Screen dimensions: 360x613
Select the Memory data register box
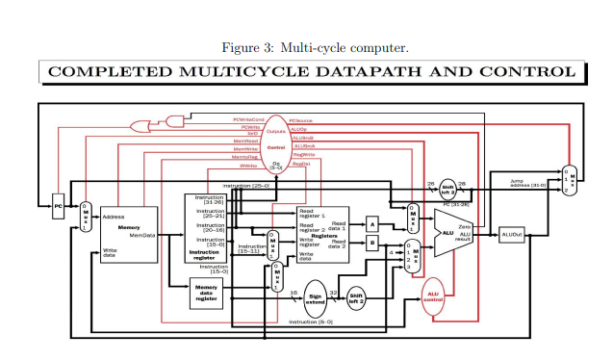point(206,291)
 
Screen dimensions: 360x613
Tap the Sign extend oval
point(316,297)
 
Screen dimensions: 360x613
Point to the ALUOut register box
point(511,234)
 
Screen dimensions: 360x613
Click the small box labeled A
point(372,223)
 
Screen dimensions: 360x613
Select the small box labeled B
point(372,244)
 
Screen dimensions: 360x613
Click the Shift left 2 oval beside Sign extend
point(356,297)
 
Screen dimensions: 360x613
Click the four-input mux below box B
point(416,261)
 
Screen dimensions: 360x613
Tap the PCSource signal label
point(301,120)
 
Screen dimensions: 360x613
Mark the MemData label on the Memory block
point(142,234)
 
